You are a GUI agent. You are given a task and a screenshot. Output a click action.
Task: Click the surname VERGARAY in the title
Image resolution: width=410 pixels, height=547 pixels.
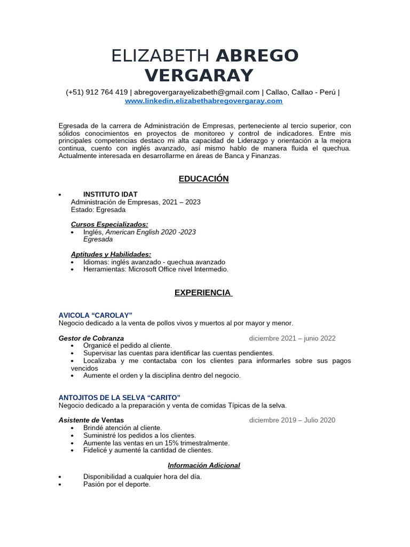tap(200, 75)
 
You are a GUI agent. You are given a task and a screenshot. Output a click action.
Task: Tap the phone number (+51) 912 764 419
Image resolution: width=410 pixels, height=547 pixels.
tap(97, 92)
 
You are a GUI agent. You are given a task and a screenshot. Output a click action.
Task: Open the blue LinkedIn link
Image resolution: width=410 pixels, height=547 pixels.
tap(203, 100)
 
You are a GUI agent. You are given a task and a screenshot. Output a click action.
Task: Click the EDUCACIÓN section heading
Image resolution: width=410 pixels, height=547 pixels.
tap(203, 179)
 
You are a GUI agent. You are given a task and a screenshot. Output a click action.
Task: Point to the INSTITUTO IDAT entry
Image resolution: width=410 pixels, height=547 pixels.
tap(110, 194)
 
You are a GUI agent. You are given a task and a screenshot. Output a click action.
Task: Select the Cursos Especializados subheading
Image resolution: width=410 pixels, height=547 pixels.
tap(109, 224)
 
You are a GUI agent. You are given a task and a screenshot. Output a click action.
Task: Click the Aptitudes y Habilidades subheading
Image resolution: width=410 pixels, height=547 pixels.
tap(111, 254)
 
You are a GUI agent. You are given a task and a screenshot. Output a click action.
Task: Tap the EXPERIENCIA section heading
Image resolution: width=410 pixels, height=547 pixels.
tap(203, 293)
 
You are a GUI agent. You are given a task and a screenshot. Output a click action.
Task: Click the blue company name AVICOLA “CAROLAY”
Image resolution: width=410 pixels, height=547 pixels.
tap(95, 315)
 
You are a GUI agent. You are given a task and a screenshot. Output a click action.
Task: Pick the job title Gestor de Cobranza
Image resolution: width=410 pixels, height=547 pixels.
tap(91, 338)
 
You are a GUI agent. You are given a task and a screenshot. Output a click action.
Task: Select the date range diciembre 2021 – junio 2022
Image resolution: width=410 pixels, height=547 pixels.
tap(292, 338)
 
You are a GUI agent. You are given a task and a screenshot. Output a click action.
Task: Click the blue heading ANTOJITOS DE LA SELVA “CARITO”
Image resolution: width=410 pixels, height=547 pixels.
tap(119, 397)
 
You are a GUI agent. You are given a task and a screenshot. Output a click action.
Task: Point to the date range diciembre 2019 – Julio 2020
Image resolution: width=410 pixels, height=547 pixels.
tap(292, 420)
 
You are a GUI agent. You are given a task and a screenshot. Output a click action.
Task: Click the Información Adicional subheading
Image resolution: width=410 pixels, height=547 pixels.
tap(203, 465)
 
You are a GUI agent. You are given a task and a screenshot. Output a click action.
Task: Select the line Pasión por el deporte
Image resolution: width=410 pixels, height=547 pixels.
tap(117, 485)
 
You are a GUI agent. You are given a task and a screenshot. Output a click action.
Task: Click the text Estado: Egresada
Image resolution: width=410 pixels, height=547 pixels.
tap(98, 209)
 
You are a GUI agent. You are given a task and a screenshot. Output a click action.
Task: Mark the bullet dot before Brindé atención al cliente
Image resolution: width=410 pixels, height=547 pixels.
tap(73, 428)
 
